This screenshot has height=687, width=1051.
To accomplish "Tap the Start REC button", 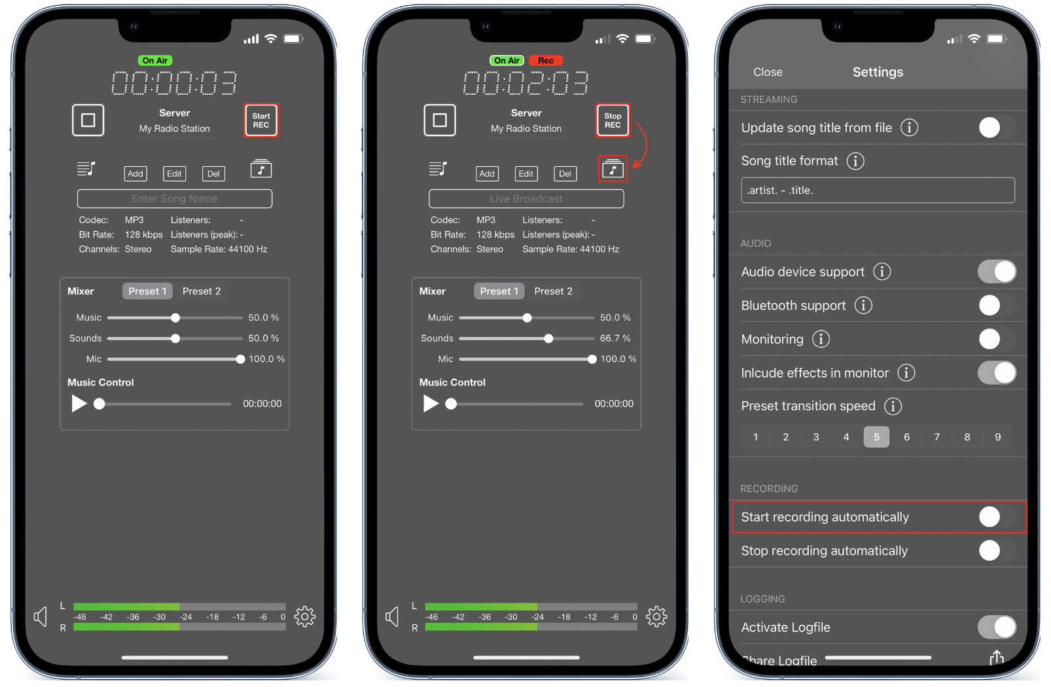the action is coord(261,120).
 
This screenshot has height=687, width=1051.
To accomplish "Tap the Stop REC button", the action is coord(613,120).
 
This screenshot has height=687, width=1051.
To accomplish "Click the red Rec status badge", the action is coord(545,60).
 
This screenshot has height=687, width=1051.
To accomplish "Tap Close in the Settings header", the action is coord(768,72).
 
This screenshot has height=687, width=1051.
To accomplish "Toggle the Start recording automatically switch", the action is coord(997,517).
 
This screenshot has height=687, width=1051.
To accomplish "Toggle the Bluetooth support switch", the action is coord(997,306).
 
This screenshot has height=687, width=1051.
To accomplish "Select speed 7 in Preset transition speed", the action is coord(936,437).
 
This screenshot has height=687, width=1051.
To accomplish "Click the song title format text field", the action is coord(878,190).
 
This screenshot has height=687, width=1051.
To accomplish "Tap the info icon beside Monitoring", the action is coord(821,339).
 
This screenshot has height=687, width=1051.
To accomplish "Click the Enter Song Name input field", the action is coord(175,199).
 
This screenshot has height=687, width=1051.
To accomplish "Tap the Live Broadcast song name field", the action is coord(526,199).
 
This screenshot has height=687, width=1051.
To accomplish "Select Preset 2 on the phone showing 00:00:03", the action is coord(202,291).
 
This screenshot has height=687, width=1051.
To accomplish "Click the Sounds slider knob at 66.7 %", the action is coord(548,338).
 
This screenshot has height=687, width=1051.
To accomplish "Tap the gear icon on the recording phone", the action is coord(656,616).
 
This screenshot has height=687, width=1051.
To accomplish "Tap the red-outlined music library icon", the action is coord(613,168).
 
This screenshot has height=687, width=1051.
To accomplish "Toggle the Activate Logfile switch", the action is coord(997,627).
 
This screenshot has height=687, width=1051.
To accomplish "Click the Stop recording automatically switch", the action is coord(997,550).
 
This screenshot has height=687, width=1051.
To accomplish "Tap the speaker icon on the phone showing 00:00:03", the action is coord(41,616).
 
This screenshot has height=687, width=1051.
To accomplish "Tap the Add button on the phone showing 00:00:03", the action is coord(135,173).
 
